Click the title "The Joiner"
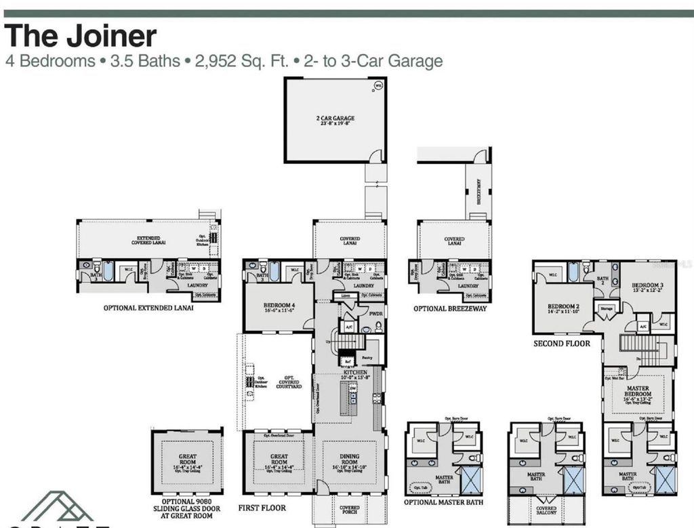pyautogui.click(x=81, y=36)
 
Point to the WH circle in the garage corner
pyautogui.click(x=378, y=85)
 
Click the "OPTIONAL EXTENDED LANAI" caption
pyautogui.click(x=148, y=308)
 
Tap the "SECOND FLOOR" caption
pyautogui.click(x=562, y=344)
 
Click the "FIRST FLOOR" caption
pyautogui.click(x=262, y=508)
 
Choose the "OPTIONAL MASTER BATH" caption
pyautogui.click(x=444, y=502)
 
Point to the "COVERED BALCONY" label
pyautogui.click(x=546, y=510)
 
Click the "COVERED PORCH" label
pyautogui.click(x=349, y=510)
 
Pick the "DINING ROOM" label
pyautogui.click(x=350, y=460)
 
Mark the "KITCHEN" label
pyautogui.click(x=354, y=373)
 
